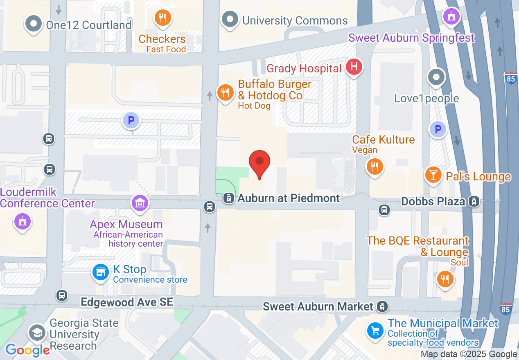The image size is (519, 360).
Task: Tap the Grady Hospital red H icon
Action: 354,67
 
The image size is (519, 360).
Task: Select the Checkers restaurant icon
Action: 163,18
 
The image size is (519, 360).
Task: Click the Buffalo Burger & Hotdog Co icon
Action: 225,92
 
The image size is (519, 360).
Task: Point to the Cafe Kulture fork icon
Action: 374,166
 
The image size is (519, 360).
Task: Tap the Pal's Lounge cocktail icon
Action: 433,175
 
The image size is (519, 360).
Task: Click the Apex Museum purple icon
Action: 140,202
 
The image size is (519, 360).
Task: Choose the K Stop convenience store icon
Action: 100,272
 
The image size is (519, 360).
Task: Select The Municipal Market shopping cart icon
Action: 375,330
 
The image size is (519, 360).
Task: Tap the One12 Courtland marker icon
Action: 34,23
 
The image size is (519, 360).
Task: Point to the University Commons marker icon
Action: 230,19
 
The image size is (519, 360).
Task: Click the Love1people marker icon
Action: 437,76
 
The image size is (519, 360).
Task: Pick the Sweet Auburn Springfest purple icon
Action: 451,16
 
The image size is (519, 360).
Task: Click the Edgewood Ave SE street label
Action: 127,302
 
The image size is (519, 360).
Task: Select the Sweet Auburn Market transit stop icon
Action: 382,306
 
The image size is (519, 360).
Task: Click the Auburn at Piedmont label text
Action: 289,198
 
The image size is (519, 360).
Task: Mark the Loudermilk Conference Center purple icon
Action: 23,221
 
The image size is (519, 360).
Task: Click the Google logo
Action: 27,350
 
